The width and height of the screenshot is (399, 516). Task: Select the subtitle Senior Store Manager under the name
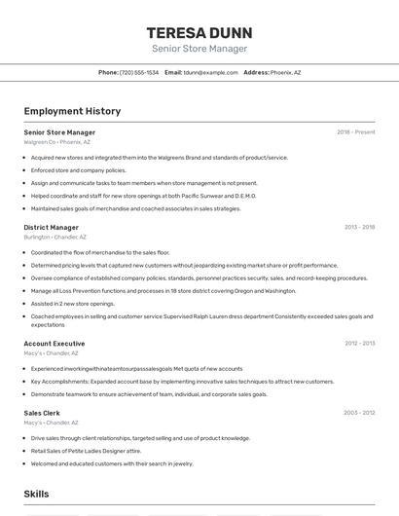pyautogui.click(x=199, y=49)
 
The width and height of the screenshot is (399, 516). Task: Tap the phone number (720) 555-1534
pyautogui.click(x=139, y=72)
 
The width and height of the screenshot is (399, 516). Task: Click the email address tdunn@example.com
pyautogui.click(x=211, y=72)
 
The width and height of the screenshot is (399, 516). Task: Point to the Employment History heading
pyautogui.click(x=72, y=111)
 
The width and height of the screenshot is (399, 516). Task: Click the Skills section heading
pyautogui.click(x=37, y=495)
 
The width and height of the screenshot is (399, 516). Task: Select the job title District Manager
pyautogui.click(x=52, y=227)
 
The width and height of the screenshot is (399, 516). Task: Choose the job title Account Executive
pyautogui.click(x=54, y=344)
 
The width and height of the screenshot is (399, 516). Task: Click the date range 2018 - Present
pyautogui.click(x=356, y=131)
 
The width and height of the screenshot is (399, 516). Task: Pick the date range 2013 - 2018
pyautogui.click(x=359, y=227)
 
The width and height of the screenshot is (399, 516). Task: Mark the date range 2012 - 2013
pyautogui.click(x=359, y=344)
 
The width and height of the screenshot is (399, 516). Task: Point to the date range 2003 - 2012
pyautogui.click(x=359, y=413)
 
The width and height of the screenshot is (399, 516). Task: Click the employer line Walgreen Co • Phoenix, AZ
pyautogui.click(x=57, y=142)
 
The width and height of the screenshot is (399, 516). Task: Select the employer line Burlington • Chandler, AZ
pyautogui.click(x=55, y=237)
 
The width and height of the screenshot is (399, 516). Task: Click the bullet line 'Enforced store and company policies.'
pyautogui.click(x=79, y=169)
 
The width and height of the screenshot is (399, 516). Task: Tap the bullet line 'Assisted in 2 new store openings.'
pyautogui.click(x=73, y=303)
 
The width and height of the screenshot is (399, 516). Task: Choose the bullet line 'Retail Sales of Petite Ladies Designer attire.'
pyautogui.click(x=87, y=451)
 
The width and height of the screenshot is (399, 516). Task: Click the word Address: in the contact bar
pyautogui.click(x=256, y=72)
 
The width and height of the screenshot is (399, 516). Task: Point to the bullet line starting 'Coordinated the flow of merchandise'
pyautogui.click(x=100, y=252)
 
